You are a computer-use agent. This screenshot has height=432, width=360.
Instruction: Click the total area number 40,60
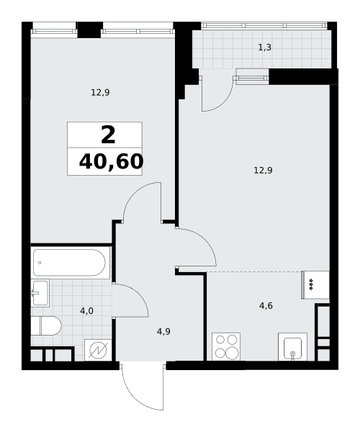coord(111,161)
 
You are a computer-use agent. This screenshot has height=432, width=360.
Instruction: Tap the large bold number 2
coord(108,135)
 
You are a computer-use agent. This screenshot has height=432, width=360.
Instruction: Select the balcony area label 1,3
coord(265,48)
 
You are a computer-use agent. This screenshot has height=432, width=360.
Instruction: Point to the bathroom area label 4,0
coord(87,311)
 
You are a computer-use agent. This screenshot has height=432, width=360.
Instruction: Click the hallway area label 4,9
coord(163,331)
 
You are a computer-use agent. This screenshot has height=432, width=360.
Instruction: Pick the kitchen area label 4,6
coord(266,305)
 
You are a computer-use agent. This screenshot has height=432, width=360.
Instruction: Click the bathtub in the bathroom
coord(69,263)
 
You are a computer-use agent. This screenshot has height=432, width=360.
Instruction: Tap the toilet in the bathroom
coord(46,325)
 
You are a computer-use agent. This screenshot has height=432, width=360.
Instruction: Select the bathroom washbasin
coord(40,293)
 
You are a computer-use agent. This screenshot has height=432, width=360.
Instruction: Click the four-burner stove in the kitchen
coord(226,346)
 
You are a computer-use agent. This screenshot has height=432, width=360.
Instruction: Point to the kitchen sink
coord(292,346)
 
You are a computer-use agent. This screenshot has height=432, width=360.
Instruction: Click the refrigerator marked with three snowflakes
coord(315,285)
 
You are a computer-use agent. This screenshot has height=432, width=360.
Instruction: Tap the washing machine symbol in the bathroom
coord(98,350)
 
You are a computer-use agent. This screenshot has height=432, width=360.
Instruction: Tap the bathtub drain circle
coord(40,263)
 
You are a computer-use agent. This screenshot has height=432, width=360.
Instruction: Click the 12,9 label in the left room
coord(100,93)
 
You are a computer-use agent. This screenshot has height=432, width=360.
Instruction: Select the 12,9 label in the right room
coord(263,171)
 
